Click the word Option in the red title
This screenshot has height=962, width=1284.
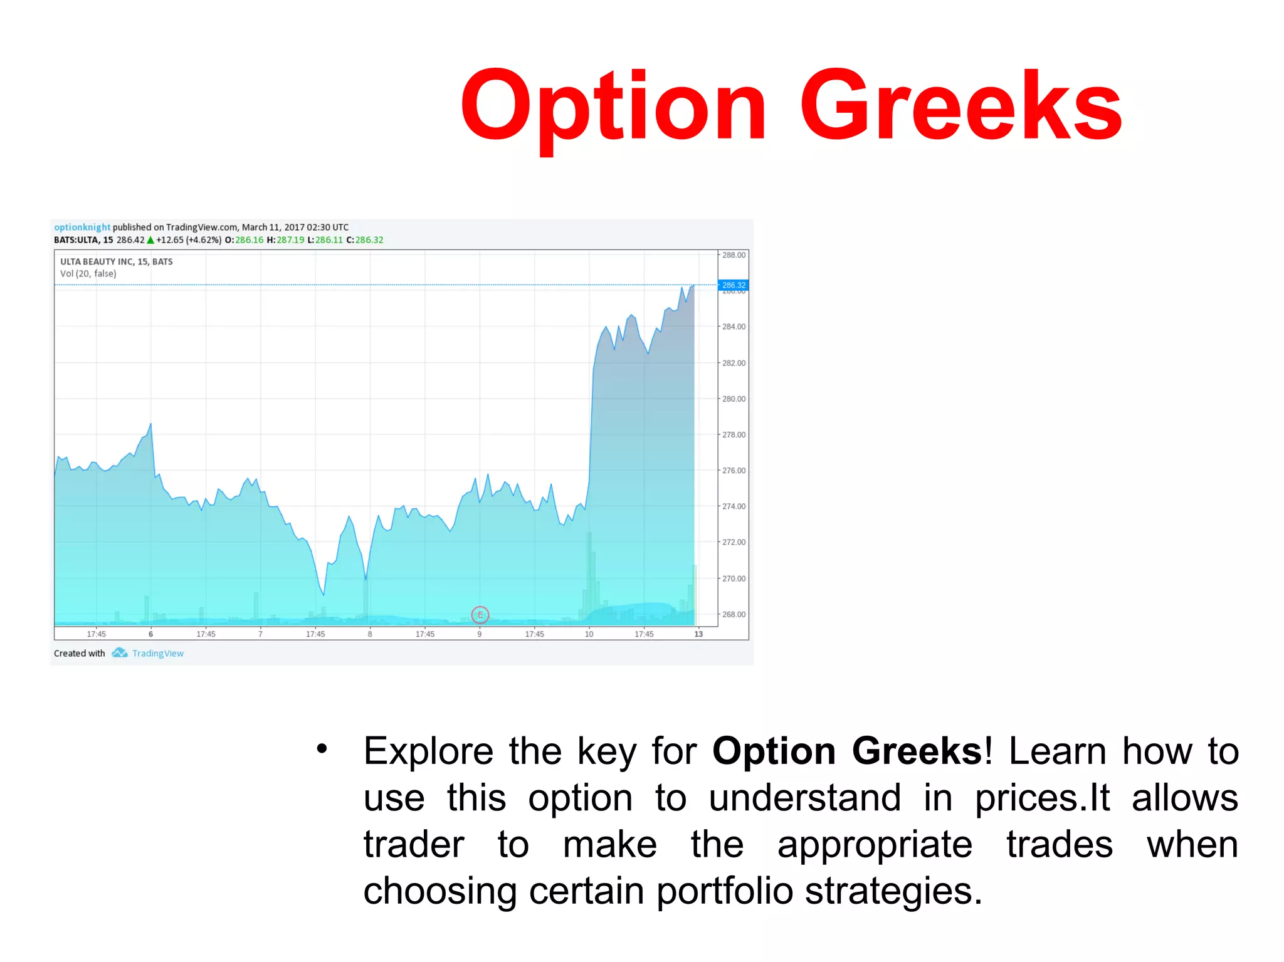pyautogui.click(x=613, y=108)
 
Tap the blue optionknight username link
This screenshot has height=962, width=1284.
pyautogui.click(x=82, y=227)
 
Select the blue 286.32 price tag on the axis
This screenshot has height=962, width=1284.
pyautogui.click(x=733, y=285)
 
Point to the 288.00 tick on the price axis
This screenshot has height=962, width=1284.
pyautogui.click(x=734, y=255)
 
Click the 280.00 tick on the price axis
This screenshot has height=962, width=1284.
pyautogui.click(x=734, y=399)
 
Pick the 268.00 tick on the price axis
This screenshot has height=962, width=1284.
pyautogui.click(x=734, y=614)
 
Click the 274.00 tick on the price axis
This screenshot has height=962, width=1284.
pyautogui.click(x=734, y=506)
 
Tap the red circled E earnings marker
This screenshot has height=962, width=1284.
pyautogui.click(x=480, y=615)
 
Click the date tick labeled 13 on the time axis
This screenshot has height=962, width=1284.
pyautogui.click(x=698, y=634)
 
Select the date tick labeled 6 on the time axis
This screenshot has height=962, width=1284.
pyautogui.click(x=150, y=634)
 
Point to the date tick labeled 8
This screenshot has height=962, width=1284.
pyautogui.click(x=370, y=634)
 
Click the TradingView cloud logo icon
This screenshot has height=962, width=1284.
pyautogui.click(x=119, y=653)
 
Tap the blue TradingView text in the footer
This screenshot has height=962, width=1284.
pyautogui.click(x=158, y=654)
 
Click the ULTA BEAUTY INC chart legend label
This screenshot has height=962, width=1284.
pyautogui.click(x=117, y=261)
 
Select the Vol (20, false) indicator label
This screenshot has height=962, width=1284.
pyautogui.click(x=88, y=274)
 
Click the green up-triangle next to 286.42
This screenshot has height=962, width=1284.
pyautogui.click(x=150, y=240)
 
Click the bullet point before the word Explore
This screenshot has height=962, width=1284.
pyautogui.click(x=322, y=748)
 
